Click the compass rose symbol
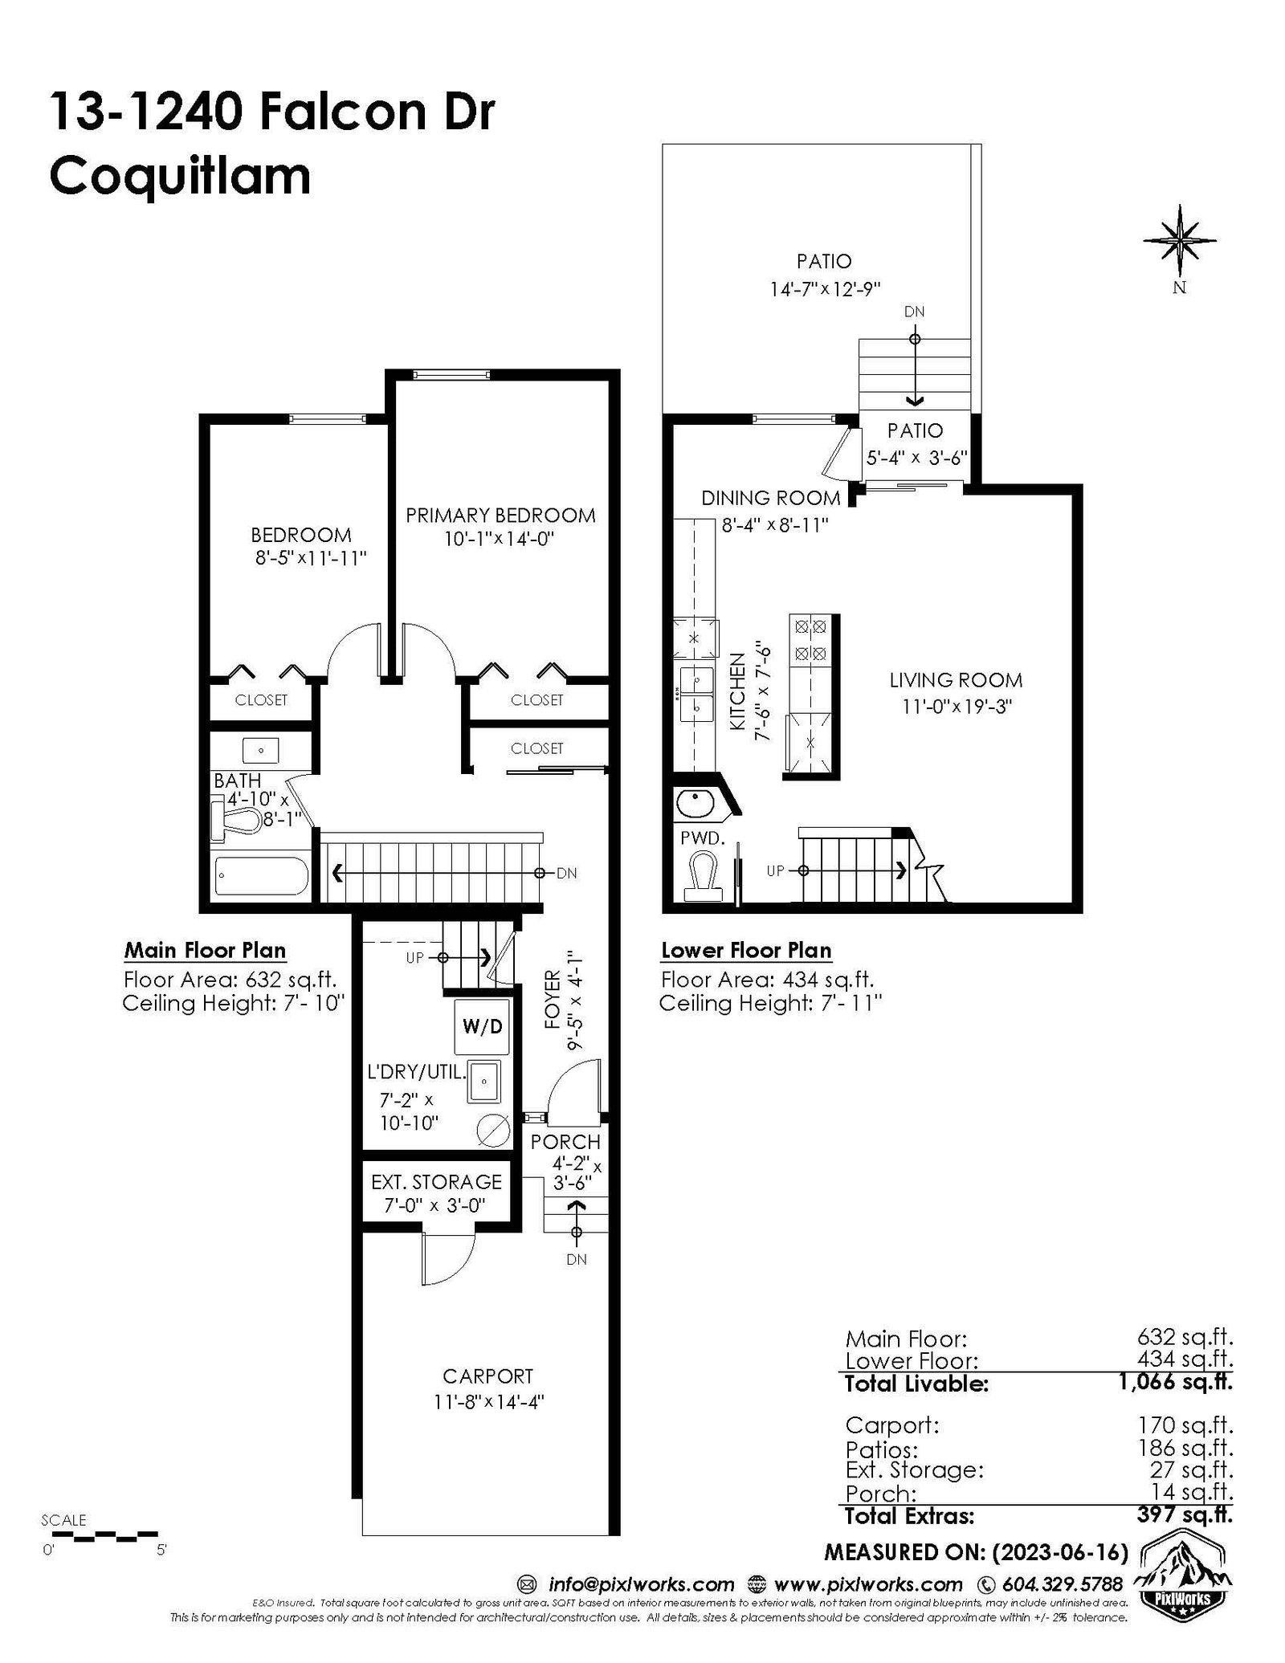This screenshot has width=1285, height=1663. [x=1179, y=238]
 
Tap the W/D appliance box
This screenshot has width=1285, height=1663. [x=483, y=1027]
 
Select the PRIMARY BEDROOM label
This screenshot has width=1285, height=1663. [x=500, y=516]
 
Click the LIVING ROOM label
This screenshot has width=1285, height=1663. [x=955, y=680]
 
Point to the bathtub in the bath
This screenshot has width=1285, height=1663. [x=262, y=876]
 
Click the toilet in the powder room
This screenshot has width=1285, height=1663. [x=704, y=877]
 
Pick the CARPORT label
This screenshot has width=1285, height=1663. [x=487, y=1376]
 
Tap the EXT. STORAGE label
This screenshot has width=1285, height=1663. [x=436, y=1182]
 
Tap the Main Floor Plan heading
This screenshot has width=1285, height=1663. [x=205, y=951]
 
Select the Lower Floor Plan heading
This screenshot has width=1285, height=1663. [x=746, y=951]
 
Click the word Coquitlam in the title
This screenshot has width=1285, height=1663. [x=180, y=177]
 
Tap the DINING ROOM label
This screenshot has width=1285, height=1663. [x=770, y=498]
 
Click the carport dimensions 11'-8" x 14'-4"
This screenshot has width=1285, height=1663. [x=488, y=1402]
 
